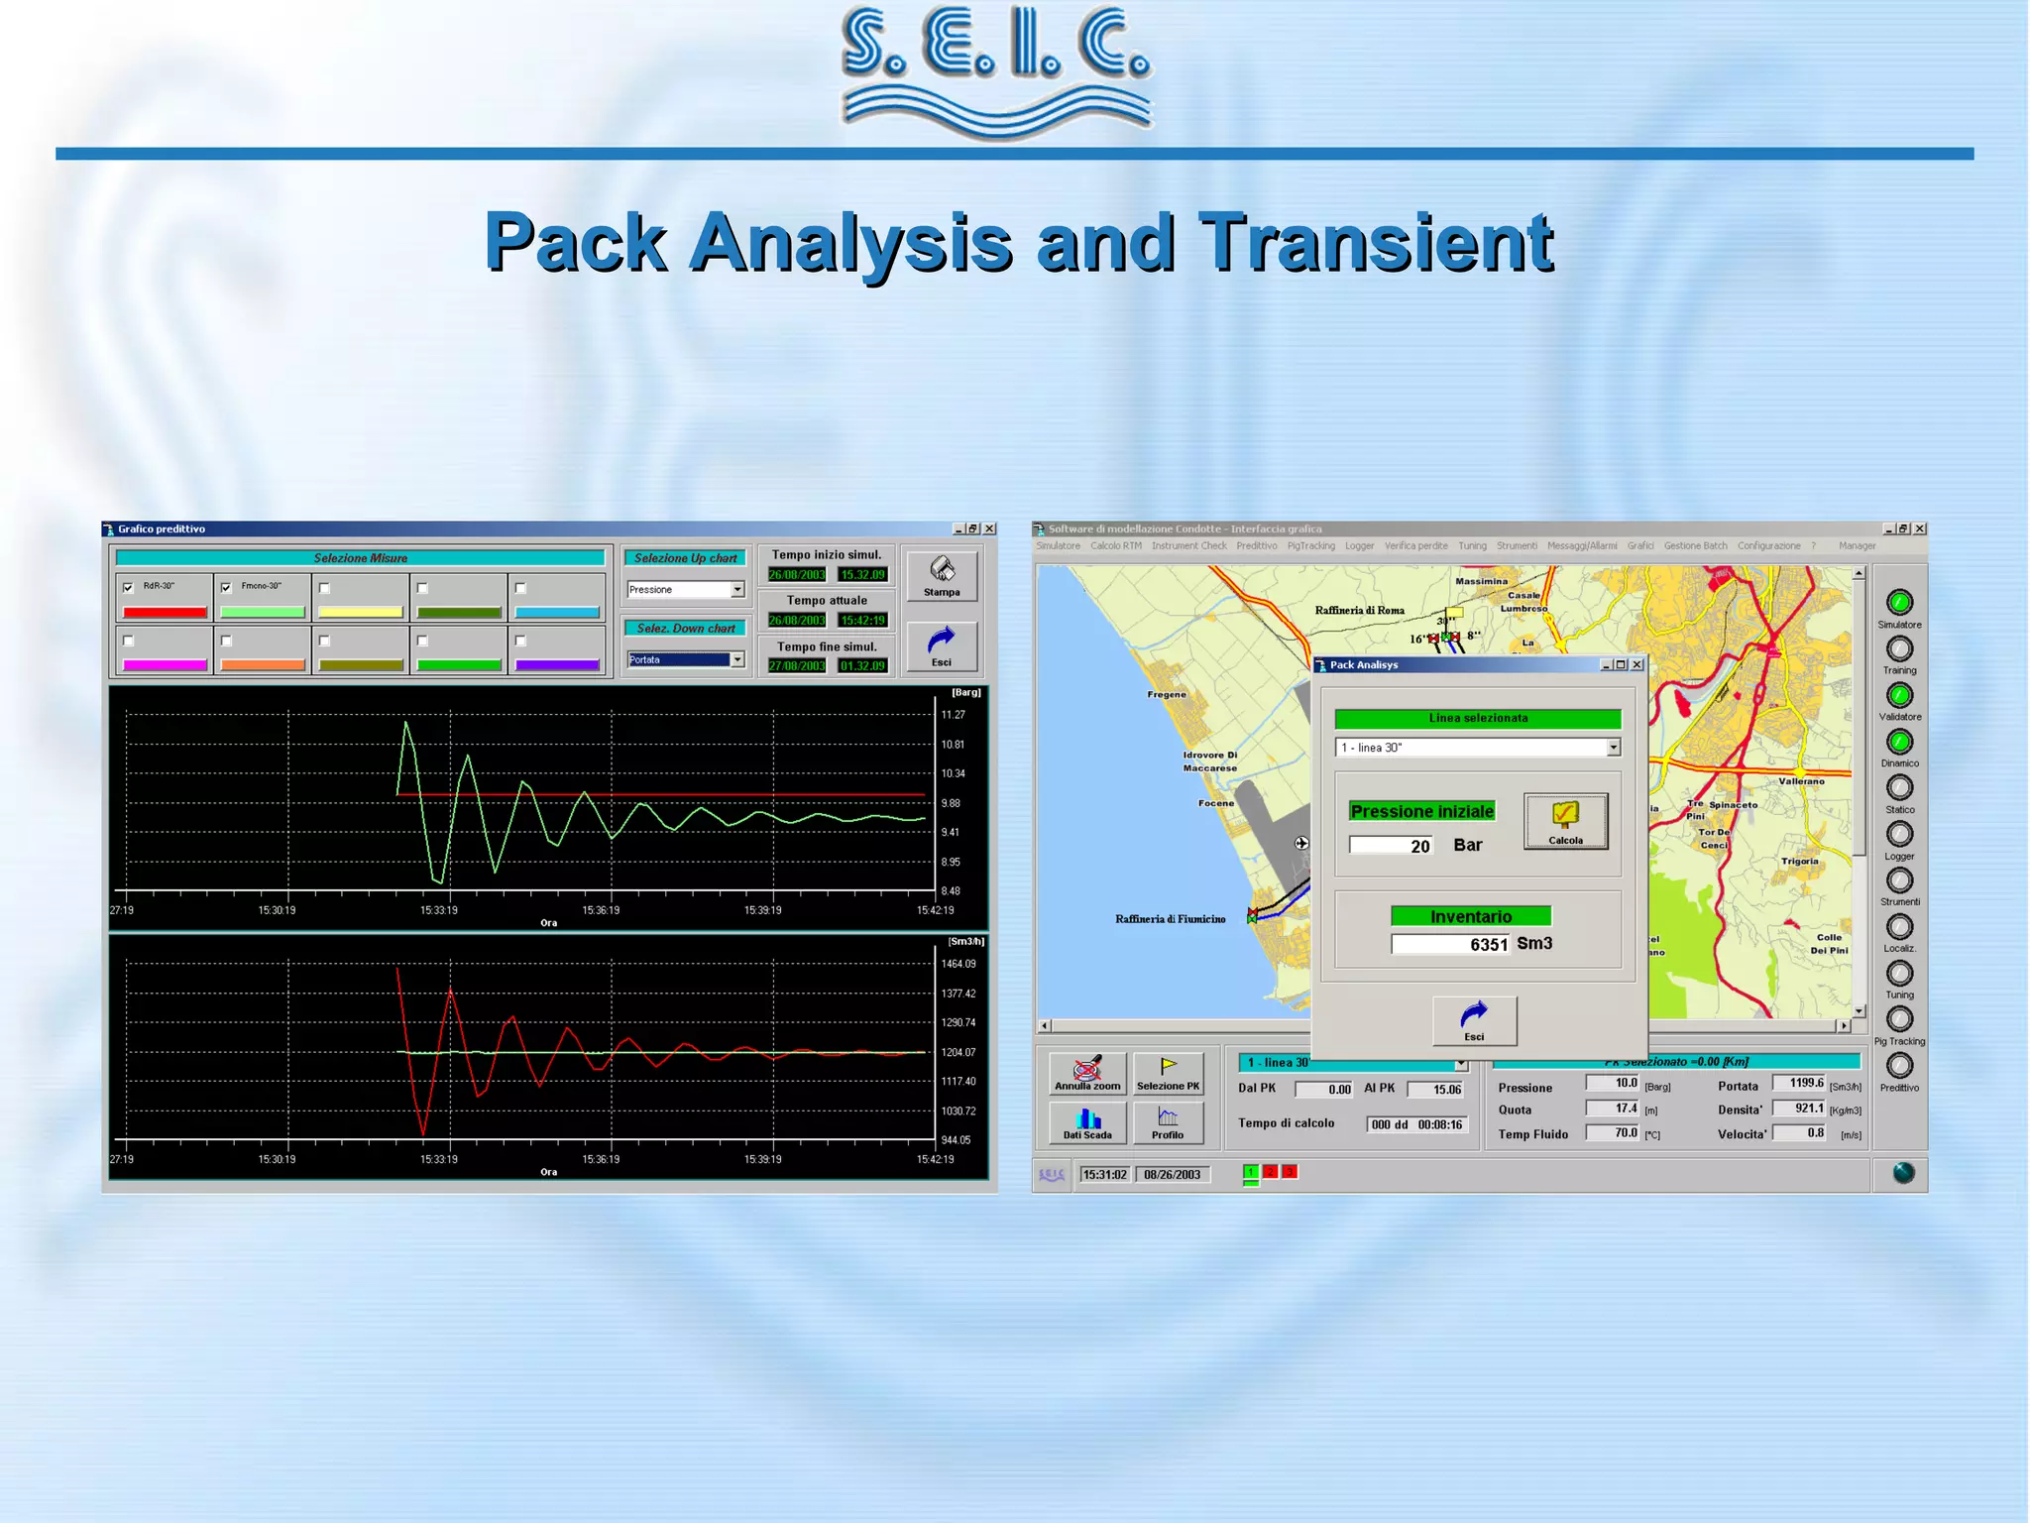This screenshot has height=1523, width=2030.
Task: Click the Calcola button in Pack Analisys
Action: click(1565, 820)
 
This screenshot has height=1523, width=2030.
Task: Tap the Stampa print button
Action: click(941, 575)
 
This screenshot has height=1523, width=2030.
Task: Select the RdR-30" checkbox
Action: click(128, 587)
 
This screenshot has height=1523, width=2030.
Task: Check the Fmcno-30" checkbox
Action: click(226, 587)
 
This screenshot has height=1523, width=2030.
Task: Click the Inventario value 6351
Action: click(1450, 944)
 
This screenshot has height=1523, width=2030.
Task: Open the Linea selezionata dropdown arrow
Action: click(1613, 748)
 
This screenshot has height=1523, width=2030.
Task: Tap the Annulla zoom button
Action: click(1087, 1073)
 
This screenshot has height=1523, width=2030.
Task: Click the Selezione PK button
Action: click(1168, 1073)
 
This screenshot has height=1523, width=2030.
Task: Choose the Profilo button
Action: click(1168, 1122)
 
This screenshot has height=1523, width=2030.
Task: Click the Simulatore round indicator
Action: click(1898, 602)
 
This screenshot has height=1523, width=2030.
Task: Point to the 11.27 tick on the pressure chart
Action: click(953, 715)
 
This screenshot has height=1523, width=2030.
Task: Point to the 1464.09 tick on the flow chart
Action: click(958, 964)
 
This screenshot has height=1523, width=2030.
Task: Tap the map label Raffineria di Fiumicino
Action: click(1170, 919)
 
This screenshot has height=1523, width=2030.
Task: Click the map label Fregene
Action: click(1167, 694)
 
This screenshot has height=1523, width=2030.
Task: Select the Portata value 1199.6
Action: click(1799, 1084)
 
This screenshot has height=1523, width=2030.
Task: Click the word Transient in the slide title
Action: click(1376, 242)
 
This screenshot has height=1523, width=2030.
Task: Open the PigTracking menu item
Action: click(1310, 546)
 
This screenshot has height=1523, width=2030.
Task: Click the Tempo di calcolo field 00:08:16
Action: click(1415, 1124)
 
